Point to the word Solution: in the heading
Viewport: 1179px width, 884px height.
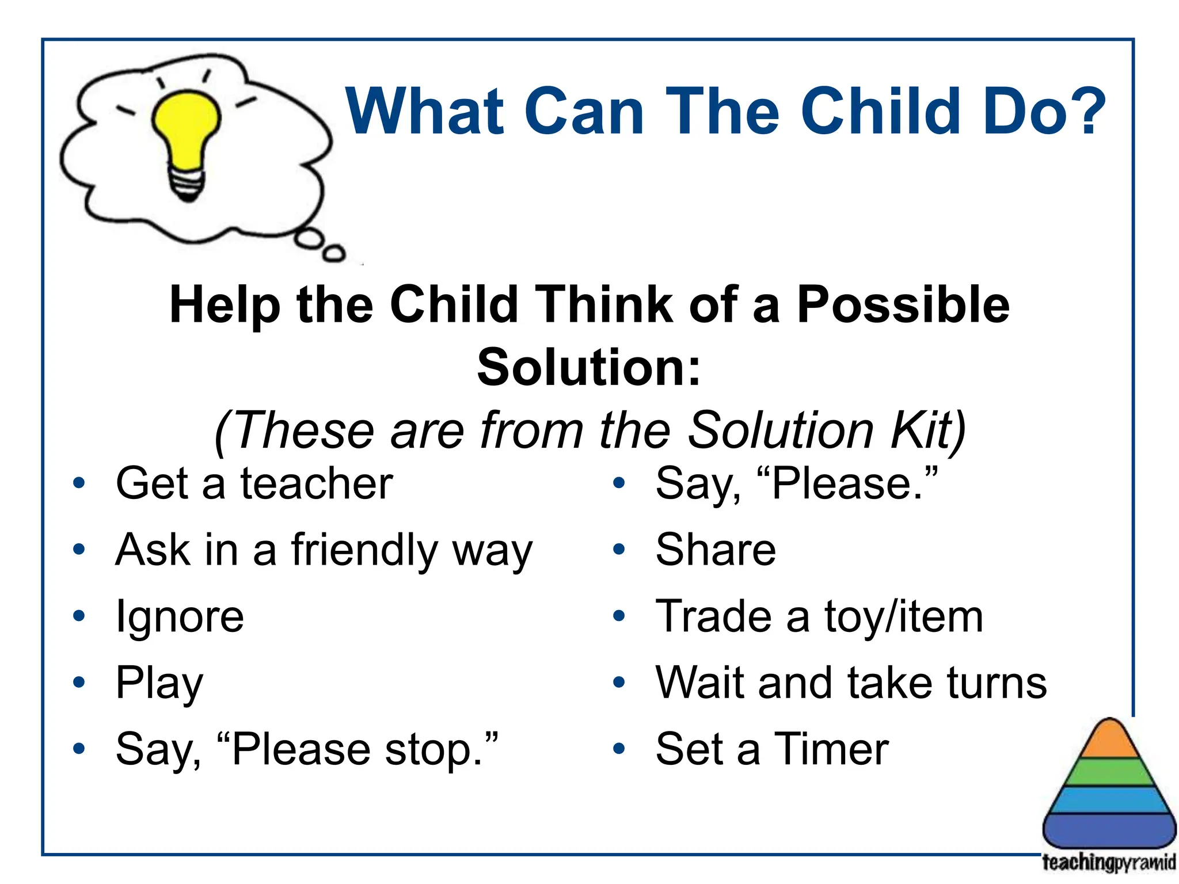tap(589, 367)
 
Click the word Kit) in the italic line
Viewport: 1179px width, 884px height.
tap(928, 430)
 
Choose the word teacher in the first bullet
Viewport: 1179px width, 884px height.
tap(316, 483)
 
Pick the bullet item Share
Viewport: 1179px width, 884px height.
tap(716, 550)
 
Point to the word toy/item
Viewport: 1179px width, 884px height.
tap(903, 616)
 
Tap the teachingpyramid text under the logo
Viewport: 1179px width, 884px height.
tap(1108, 863)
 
